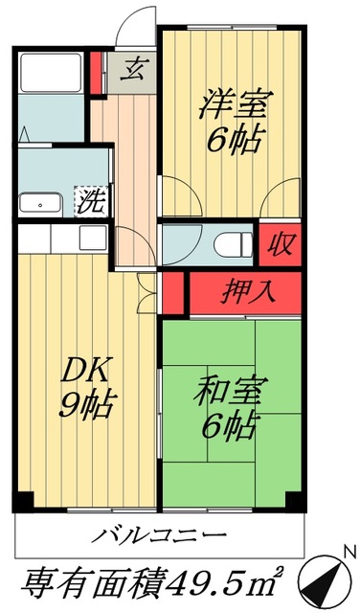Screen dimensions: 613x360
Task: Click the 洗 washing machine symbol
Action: click(x=91, y=202)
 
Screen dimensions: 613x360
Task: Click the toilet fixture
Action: click(x=227, y=245)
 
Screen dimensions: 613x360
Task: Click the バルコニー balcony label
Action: click(x=160, y=534)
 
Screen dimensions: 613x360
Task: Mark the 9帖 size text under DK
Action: click(x=80, y=406)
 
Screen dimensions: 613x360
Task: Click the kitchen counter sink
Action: click(x=92, y=236)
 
